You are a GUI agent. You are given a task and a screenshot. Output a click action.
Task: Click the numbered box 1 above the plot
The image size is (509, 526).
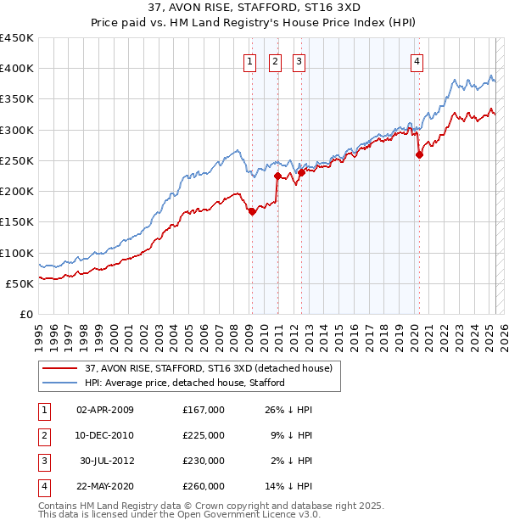click(x=251, y=60)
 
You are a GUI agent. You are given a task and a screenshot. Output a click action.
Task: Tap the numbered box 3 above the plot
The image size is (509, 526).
click(x=299, y=60)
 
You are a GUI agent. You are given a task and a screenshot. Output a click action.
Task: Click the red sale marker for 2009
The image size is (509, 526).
click(x=252, y=212)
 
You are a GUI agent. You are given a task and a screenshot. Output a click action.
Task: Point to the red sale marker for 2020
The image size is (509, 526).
click(x=419, y=154)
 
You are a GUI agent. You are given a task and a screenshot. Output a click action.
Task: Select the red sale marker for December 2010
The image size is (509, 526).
click(x=277, y=176)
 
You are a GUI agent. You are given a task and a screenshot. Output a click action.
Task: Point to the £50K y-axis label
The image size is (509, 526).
click(x=20, y=283)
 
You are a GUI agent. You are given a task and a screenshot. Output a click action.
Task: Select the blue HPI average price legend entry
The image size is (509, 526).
click(x=184, y=383)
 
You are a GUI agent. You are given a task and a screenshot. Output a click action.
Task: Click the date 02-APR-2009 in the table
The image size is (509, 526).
click(x=105, y=410)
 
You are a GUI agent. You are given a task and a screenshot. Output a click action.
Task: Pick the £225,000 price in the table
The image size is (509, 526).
click(x=204, y=435)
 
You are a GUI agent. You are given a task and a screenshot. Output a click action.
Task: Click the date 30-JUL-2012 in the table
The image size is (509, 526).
click(x=105, y=461)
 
